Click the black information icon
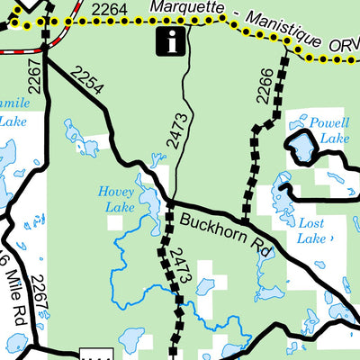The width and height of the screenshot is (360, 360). [x=170, y=40]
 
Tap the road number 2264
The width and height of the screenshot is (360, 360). [x=109, y=9]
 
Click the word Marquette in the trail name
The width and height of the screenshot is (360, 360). [x=183, y=7]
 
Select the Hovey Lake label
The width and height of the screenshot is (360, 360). [x=119, y=199]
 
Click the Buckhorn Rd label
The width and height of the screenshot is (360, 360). [x=225, y=232]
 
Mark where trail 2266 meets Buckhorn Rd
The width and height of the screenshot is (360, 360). [x=244, y=223]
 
